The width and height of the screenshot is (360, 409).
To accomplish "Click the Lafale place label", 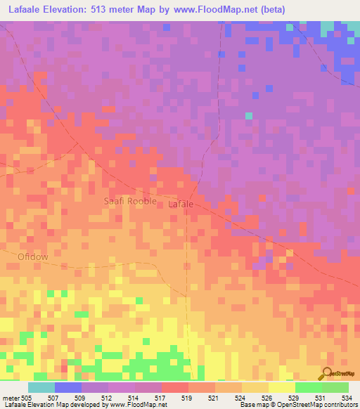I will (181, 204).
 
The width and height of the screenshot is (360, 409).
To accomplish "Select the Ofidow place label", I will (33, 257).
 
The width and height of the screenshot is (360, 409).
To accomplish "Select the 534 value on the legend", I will (345, 397).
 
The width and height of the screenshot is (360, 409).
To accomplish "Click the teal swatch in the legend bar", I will (41, 387).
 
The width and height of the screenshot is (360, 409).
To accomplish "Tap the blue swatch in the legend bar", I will (68, 387).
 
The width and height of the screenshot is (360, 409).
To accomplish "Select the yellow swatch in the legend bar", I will (281, 387).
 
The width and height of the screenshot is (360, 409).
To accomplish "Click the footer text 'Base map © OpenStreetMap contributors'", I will (296, 405).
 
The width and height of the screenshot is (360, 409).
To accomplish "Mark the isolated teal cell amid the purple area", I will (248, 115).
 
